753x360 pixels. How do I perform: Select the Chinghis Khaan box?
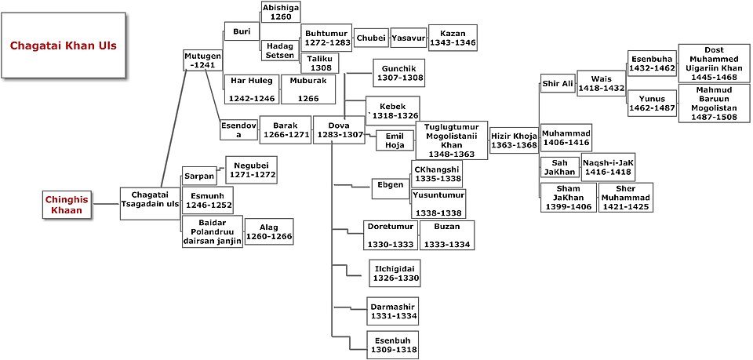[67, 205]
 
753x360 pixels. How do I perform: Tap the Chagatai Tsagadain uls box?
[150, 203]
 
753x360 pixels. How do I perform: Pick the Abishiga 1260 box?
[281, 12]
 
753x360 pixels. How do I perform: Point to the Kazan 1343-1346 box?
[453, 38]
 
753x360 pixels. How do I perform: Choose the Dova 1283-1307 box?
[339, 129]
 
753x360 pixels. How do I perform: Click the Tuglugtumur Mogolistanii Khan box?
[452, 140]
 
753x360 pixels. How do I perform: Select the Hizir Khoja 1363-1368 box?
[514, 140]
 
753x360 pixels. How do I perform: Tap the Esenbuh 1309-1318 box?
[392, 344]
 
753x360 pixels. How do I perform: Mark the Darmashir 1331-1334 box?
[392, 311]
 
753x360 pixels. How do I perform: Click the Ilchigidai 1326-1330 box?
[394, 273]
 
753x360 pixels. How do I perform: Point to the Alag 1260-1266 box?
[269, 232]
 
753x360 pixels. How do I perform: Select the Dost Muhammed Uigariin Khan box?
[714, 63]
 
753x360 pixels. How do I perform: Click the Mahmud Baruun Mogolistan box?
[714, 104]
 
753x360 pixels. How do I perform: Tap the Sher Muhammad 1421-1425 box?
[626, 197]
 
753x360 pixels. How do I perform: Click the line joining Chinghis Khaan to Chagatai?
[106, 205]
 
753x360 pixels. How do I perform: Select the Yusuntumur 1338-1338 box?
[438, 203]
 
